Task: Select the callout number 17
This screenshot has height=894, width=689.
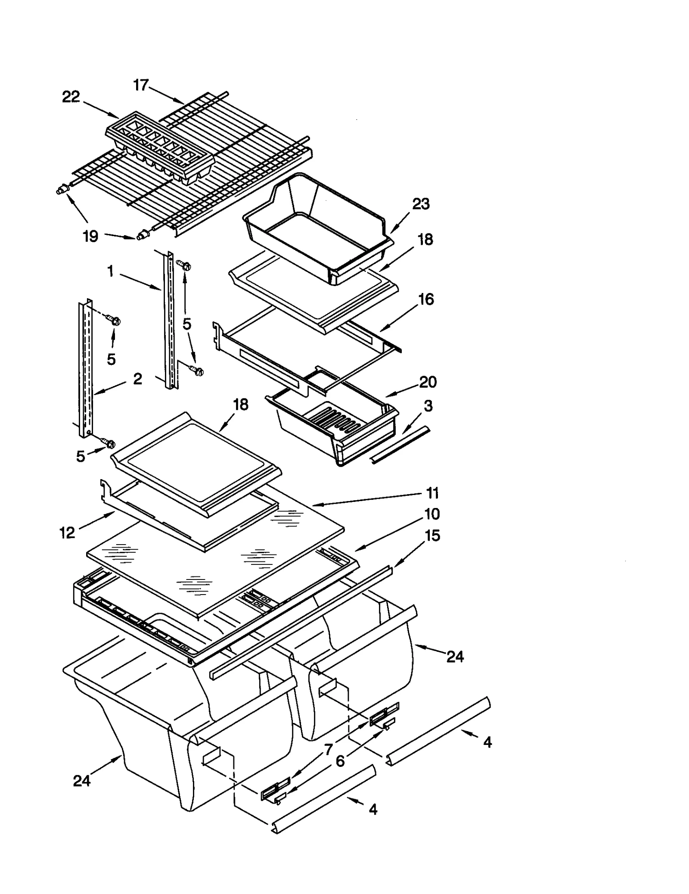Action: [140, 85]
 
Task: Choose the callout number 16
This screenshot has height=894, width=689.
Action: [426, 299]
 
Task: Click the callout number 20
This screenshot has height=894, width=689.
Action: [427, 382]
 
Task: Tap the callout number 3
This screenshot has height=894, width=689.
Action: [428, 405]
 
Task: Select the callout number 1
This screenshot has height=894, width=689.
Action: [111, 271]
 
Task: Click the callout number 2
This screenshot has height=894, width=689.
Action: [137, 378]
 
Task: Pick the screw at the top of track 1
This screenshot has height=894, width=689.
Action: [186, 266]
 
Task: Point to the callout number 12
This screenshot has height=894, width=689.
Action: [67, 533]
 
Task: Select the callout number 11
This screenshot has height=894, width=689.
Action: [432, 493]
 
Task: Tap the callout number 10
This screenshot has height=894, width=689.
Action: [432, 514]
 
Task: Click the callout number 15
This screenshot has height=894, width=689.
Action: [432, 536]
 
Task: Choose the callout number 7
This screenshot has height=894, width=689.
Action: [329, 750]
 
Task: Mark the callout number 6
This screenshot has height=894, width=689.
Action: [340, 761]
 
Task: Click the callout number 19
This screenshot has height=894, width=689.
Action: [90, 236]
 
